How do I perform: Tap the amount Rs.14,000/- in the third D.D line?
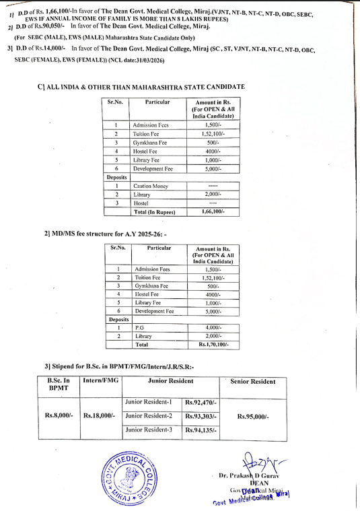48,49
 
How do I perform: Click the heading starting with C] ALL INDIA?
141,88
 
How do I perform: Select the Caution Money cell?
151,184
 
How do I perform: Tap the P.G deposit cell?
141,327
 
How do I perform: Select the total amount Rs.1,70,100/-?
213,345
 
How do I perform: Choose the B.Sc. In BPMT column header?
58,384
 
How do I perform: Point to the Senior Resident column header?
252,382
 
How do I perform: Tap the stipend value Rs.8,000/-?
58,416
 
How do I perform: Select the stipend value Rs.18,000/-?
100,416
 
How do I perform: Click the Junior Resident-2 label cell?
149,415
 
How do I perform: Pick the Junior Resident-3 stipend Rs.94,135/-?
201,430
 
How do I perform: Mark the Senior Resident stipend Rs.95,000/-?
252,416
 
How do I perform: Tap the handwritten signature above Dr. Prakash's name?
279,464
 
